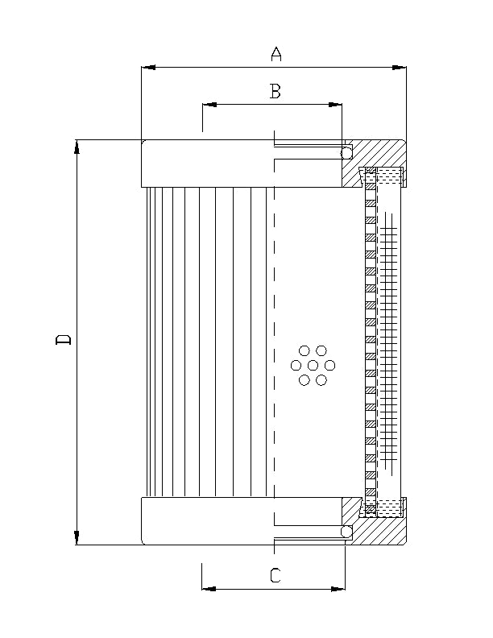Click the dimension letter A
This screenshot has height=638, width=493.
click(276, 54)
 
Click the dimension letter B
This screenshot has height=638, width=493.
click(275, 92)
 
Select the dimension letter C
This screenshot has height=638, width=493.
click(275, 575)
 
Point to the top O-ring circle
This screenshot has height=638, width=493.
click(346, 152)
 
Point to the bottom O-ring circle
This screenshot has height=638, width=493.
click(346, 532)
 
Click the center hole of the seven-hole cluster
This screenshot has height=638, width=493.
click(313, 366)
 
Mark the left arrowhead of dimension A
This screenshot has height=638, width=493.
click(147, 67)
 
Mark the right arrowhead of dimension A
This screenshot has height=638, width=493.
click(400, 67)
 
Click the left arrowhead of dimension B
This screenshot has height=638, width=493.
click(207, 105)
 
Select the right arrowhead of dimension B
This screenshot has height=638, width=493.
click(337, 105)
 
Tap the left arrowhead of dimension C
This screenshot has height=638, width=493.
click(207, 589)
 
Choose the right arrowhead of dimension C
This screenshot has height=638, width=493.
click(340, 589)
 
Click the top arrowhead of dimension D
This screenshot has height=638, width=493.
click(77, 145)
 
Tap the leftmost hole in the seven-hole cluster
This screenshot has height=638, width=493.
click(296, 366)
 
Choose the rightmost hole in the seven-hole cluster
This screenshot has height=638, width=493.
click(330, 366)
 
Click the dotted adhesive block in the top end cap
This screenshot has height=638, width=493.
click(390, 173)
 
